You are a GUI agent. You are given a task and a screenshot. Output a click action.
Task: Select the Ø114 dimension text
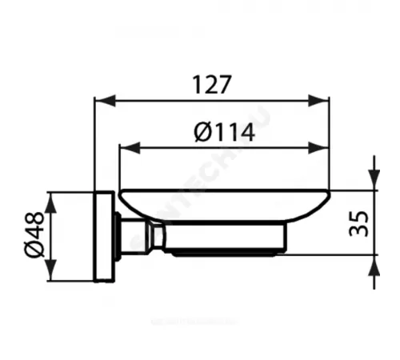pyautogui.click(x=224, y=133)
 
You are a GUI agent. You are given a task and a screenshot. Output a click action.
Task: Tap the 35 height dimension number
pyautogui.click(x=360, y=224)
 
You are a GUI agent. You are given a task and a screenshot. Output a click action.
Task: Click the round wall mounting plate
pyautogui.click(x=103, y=236)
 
